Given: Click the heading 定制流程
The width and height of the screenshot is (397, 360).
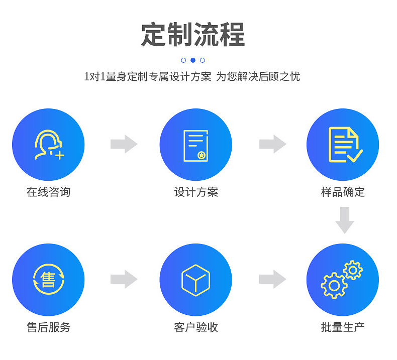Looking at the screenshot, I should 193,35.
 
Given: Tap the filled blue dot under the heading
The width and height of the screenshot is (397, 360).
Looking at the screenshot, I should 193,60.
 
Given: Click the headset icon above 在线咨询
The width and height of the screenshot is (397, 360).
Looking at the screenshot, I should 48,145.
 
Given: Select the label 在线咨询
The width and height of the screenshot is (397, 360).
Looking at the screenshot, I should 48,192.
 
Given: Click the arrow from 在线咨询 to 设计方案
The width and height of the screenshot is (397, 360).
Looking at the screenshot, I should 124,144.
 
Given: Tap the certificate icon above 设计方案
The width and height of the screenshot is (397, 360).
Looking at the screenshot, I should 195,146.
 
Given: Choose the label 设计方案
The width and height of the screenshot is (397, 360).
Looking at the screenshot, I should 196,192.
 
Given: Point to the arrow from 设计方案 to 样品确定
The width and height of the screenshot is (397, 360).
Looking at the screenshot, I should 272,144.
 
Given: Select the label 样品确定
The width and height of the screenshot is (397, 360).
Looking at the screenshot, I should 343,192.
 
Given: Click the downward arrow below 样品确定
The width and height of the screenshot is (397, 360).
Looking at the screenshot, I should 345,220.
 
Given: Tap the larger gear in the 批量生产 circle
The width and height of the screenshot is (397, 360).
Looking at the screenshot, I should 334,286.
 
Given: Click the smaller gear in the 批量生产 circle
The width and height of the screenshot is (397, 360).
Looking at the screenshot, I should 353,270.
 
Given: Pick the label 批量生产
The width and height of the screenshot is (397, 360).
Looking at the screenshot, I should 343,327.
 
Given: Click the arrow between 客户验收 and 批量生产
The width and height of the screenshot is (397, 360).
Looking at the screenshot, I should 272,279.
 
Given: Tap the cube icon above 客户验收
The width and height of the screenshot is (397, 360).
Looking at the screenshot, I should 195,280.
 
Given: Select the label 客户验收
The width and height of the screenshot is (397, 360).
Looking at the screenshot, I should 196,327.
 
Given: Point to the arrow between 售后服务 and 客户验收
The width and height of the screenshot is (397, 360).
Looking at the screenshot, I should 124,279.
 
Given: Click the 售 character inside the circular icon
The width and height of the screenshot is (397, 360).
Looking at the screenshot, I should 48,279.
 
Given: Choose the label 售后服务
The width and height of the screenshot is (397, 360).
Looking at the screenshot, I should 48,327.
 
